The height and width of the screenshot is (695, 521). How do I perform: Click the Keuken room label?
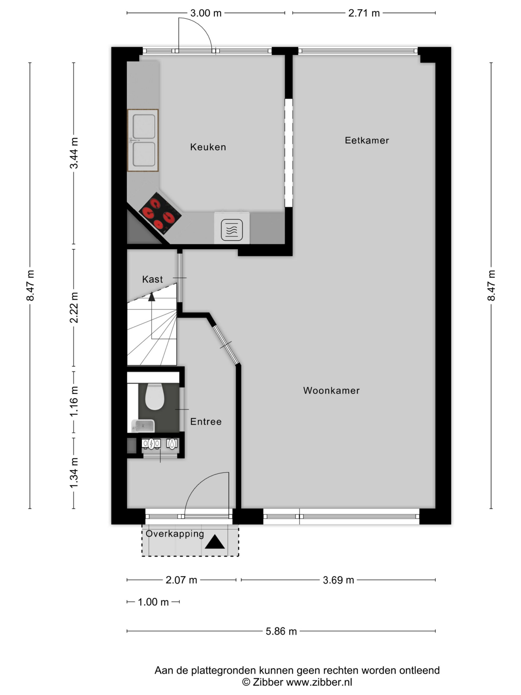(208, 147)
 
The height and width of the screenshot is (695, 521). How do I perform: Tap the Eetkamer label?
(367, 140)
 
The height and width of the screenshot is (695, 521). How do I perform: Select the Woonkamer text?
(331, 391)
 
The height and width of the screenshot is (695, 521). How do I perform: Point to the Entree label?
(206, 422)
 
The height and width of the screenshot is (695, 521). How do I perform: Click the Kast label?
(152, 279)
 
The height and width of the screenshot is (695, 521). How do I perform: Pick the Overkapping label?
(175, 534)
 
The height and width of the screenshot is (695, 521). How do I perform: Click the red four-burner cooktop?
(160, 213)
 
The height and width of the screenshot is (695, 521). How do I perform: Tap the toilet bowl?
(154, 397)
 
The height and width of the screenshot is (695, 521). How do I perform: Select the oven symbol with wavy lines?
(232, 230)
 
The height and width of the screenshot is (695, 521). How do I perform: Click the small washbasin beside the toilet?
(143, 426)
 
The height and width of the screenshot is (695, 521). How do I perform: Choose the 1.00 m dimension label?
(153, 602)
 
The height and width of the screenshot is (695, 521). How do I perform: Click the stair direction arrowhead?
(152, 297)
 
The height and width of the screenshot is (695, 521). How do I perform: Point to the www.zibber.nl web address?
(319, 682)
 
